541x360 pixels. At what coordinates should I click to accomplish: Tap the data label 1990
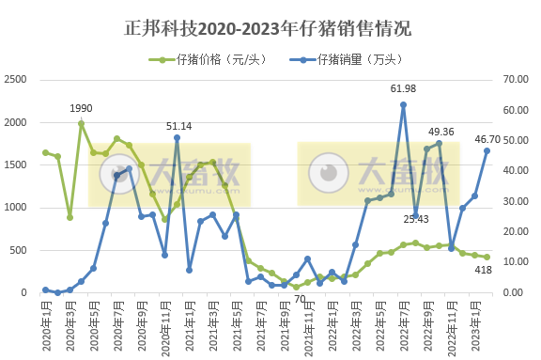(x=81, y=108)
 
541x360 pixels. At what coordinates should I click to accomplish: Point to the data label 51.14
(x=179, y=125)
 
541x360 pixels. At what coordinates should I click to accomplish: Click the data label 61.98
(x=403, y=89)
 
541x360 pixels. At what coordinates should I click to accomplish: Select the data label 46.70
(x=486, y=139)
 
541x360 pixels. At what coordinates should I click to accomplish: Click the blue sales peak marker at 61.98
(x=403, y=105)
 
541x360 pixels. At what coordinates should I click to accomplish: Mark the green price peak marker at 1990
(x=82, y=123)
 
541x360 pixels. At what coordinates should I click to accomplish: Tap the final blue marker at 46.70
(x=487, y=151)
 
